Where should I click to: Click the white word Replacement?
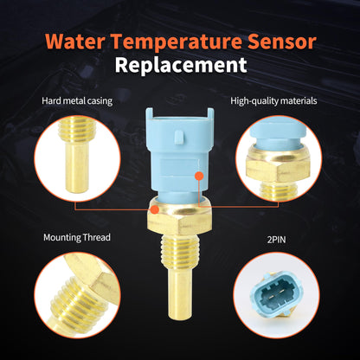point(180,65)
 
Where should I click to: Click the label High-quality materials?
point(273,101)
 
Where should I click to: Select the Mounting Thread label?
point(78,236)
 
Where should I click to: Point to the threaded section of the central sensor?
point(179,246)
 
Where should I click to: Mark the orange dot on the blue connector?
point(199,175)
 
